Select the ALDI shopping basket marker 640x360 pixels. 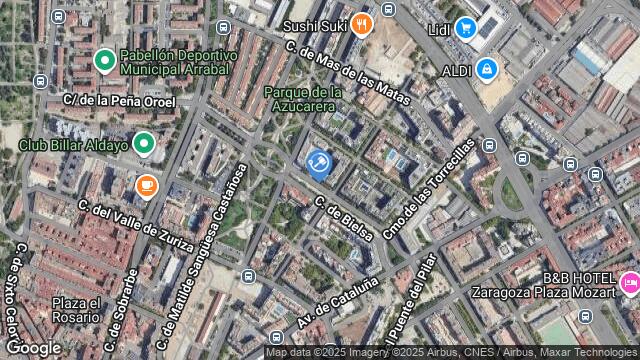pos(487,70)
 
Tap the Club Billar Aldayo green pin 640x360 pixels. pos(144,145)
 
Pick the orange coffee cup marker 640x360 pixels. pos(147,185)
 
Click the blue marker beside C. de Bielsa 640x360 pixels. pos(319,163)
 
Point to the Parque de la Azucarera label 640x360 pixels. pos(304,98)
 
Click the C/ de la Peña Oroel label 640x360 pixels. pos(119,101)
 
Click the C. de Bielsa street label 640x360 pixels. pos(344,219)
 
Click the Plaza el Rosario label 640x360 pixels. pos(76,310)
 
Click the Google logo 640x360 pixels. pos(33,347)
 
